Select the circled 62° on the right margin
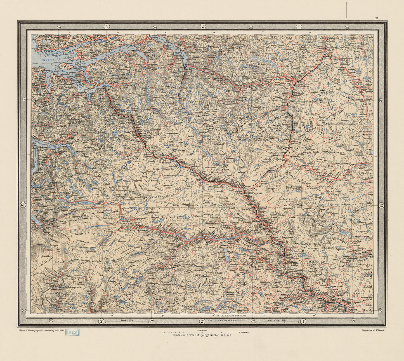[x=381, y=205]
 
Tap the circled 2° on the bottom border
[x=202, y=321]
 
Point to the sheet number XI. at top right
[x=377, y=18]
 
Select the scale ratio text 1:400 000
[x=202, y=330]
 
